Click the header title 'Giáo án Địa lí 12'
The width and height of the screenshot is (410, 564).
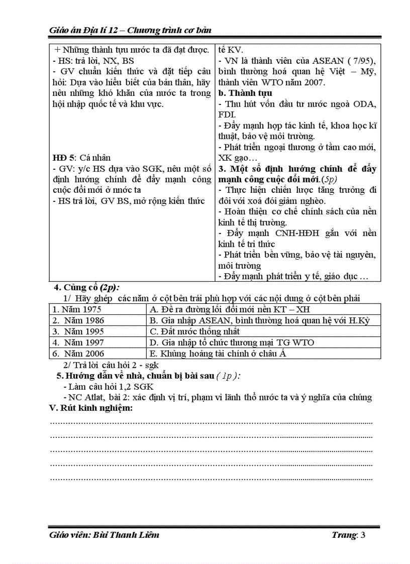(85, 31)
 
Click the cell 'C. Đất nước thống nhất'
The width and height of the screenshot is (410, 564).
(195, 331)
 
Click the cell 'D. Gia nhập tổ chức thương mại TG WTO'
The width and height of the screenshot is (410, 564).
(232, 343)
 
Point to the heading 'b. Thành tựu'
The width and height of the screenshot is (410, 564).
(245, 93)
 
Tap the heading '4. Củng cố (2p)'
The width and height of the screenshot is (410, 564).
(87, 288)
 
